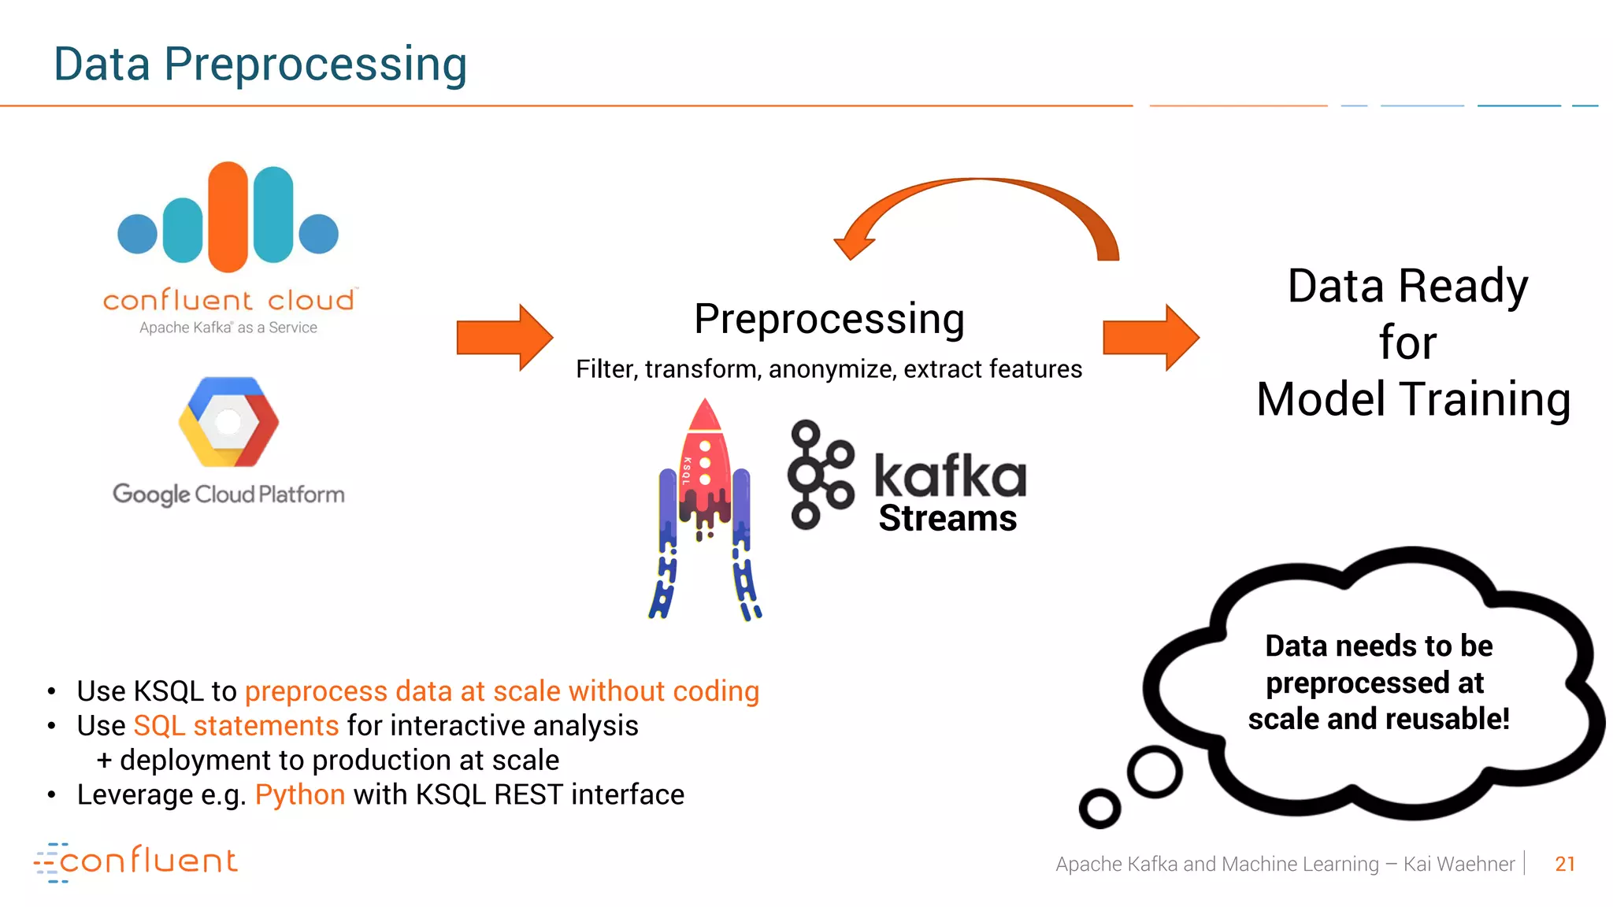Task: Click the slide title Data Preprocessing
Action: (260, 65)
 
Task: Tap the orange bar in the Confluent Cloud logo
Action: (228, 217)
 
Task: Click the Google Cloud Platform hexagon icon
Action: (228, 422)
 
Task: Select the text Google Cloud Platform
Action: (228, 494)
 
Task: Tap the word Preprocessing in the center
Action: (829, 320)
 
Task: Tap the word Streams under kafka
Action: (947, 519)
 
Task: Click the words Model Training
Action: (1413, 399)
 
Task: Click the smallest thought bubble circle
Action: (1099, 808)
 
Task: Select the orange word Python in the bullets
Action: (300, 795)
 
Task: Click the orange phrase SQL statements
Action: (236, 726)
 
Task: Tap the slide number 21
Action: (1564, 864)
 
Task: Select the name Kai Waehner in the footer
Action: (1459, 864)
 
